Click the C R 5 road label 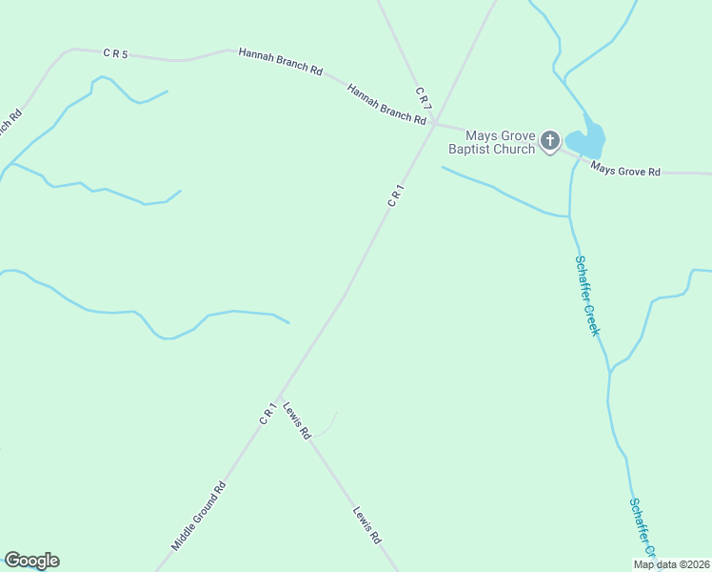click(114, 54)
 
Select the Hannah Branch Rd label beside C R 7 click(386, 105)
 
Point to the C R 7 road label click(424, 97)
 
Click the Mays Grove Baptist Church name click(491, 142)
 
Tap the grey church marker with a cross click(549, 142)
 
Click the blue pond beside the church click(588, 141)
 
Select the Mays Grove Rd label click(624, 171)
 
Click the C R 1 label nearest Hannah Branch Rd click(397, 195)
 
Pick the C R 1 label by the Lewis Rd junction click(268, 414)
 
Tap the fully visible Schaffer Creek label click(586, 295)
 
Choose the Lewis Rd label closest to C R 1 click(297, 419)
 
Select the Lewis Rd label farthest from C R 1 click(367, 524)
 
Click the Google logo click(31, 561)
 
